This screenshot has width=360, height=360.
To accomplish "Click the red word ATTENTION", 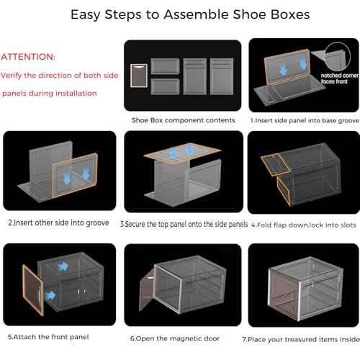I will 28,56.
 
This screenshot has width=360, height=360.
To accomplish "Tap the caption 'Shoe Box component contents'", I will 183,120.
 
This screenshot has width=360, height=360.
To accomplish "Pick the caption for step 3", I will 184,223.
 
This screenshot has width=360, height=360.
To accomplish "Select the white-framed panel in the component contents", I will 141,74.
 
